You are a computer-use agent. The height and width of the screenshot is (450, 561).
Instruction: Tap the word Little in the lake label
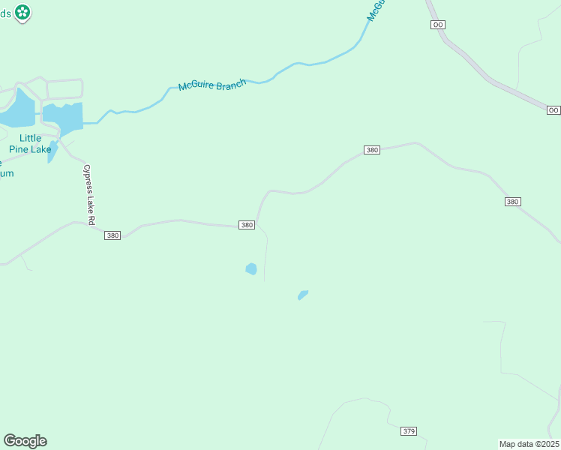click(x=30, y=138)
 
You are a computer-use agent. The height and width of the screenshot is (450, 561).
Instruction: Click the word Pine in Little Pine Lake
click(x=19, y=149)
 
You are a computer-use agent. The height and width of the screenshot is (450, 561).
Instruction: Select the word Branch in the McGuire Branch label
click(x=231, y=84)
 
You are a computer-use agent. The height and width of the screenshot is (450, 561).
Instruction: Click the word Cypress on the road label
click(x=87, y=177)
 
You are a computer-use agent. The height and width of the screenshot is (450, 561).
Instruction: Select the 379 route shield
click(x=409, y=431)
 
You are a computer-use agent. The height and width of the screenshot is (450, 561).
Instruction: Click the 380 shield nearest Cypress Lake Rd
click(x=112, y=235)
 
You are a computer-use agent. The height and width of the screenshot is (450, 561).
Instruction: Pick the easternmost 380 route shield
click(x=513, y=202)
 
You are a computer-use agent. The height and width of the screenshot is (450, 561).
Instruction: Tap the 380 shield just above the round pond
click(x=247, y=225)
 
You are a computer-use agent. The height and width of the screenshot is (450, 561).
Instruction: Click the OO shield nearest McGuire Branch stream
click(x=439, y=25)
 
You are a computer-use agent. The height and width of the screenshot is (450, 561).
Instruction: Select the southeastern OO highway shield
click(x=553, y=110)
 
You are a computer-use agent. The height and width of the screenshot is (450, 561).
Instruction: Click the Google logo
click(x=25, y=441)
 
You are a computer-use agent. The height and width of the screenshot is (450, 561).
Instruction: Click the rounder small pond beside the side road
click(x=250, y=268)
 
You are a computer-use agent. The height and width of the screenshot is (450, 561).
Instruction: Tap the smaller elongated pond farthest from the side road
click(x=303, y=295)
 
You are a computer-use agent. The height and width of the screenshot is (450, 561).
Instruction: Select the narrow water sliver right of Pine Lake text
click(x=52, y=152)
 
